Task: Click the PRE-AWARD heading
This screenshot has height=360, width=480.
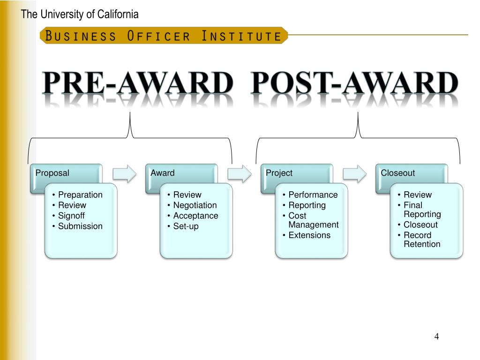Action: pyautogui.click(x=137, y=84)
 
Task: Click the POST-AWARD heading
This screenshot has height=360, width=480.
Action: pyautogui.click(x=354, y=84)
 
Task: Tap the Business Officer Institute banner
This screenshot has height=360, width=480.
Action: pyautogui.click(x=164, y=36)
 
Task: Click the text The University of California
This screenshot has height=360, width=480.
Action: pyautogui.click(x=80, y=15)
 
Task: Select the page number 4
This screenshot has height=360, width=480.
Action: pyautogui.click(x=436, y=337)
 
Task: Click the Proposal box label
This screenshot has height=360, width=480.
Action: pyautogui.click(x=52, y=173)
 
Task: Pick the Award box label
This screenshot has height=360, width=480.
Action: pyautogui.click(x=163, y=173)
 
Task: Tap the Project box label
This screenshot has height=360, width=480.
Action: pyautogui.click(x=279, y=173)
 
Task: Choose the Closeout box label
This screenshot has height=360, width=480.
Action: pyautogui.click(x=398, y=173)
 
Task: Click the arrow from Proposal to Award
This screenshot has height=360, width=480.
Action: pyautogui.click(x=124, y=173)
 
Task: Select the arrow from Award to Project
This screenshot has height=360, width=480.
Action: pyautogui.click(x=239, y=173)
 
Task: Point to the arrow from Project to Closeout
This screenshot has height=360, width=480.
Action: pyautogui.click(x=354, y=173)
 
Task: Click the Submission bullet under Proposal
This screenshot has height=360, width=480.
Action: pyautogui.click(x=80, y=226)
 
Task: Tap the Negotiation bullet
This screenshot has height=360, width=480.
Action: pyautogui.click(x=195, y=205)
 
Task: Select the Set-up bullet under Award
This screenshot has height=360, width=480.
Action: pyautogui.click(x=186, y=226)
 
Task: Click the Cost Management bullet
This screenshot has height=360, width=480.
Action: pyautogui.click(x=313, y=220)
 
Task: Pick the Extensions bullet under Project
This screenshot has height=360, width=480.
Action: pyautogui.click(x=309, y=235)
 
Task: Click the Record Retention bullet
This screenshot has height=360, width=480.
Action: pyautogui.click(x=422, y=240)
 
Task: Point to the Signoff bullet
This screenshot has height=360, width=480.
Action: pyautogui.click(x=71, y=216)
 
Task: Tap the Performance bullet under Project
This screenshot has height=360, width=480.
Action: pyautogui.click(x=313, y=195)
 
